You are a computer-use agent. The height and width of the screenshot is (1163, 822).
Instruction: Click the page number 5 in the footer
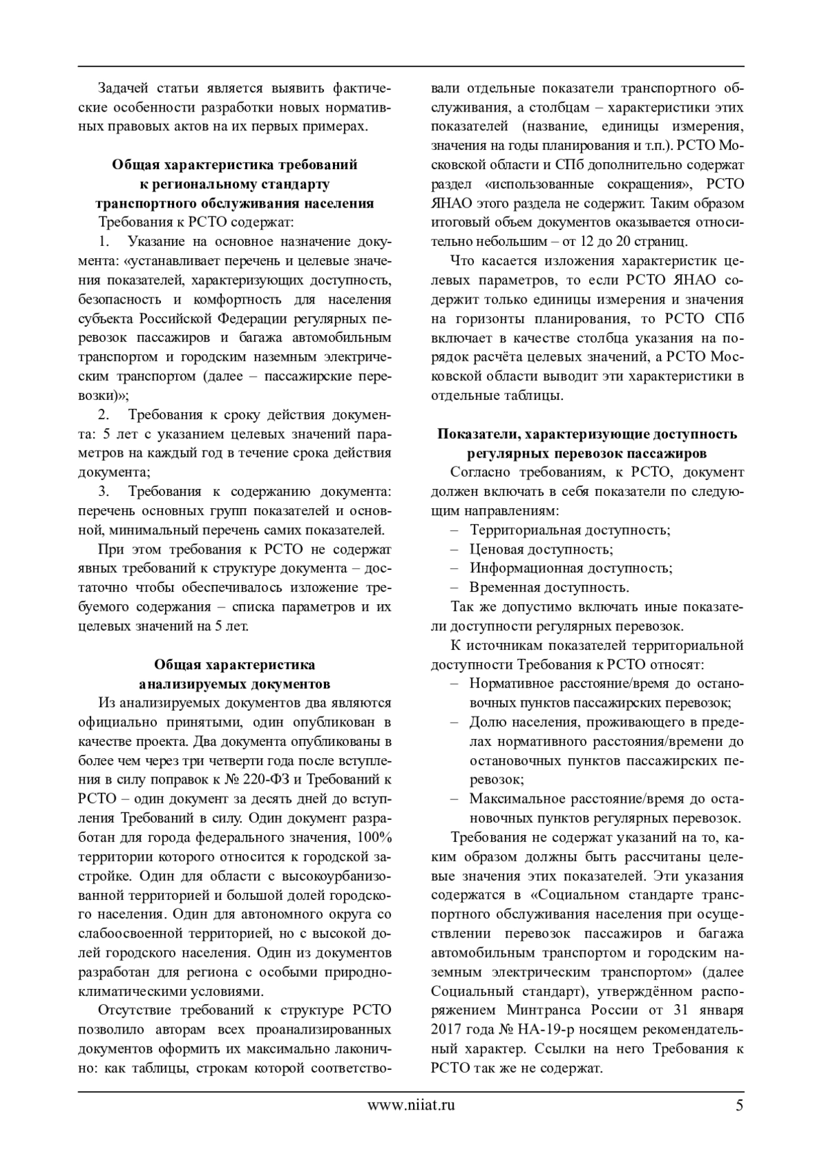pyautogui.click(x=738, y=1124)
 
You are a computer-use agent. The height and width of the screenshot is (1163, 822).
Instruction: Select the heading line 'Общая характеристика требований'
pyautogui.click(x=234, y=165)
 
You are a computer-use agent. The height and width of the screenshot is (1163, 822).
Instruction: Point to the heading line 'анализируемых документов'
pyautogui.click(x=234, y=684)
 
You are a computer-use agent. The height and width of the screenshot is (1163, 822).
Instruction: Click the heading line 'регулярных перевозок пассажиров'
pyautogui.click(x=587, y=453)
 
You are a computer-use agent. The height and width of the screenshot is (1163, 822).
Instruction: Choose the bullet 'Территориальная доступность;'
pyautogui.click(x=569, y=530)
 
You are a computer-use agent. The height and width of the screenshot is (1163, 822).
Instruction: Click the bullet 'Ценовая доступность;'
pyautogui.click(x=541, y=549)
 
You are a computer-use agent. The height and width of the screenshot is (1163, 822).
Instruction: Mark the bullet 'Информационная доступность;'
pyautogui.click(x=571, y=568)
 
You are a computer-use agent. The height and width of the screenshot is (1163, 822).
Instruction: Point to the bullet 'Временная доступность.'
pyautogui.click(x=549, y=588)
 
